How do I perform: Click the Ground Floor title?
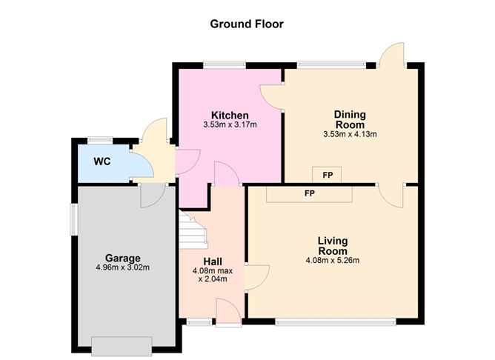(247, 24)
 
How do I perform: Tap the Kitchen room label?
(230, 115)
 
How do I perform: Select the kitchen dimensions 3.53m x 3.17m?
(230, 124)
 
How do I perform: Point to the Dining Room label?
(350, 119)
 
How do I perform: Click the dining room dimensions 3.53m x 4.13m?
(350, 134)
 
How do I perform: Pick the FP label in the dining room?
(328, 175)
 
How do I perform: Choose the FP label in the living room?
(310, 193)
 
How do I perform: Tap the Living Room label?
(333, 246)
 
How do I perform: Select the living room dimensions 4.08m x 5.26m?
(333, 260)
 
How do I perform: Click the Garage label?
(122, 258)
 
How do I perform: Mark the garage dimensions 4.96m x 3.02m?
(122, 267)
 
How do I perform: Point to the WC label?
(102, 161)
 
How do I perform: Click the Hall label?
(213, 261)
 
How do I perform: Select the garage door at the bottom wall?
(122, 346)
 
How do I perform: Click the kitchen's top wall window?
(225, 64)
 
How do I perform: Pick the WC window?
(100, 139)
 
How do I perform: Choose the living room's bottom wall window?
(336, 321)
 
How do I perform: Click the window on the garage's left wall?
(73, 219)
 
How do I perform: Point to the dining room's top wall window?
(331, 64)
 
